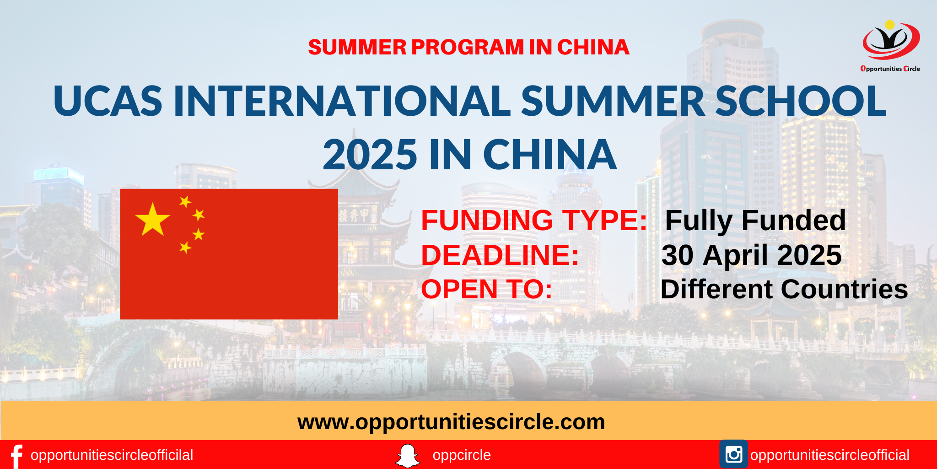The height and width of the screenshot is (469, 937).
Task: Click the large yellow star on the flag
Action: click(152, 220)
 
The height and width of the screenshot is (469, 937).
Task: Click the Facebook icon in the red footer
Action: click(16, 456)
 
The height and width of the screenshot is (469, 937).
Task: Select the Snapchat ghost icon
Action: click(407, 456)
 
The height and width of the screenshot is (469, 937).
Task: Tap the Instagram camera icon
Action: click(734, 454)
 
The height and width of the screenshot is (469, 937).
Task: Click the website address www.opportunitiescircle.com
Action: click(451, 422)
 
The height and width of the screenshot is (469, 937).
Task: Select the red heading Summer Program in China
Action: click(468, 47)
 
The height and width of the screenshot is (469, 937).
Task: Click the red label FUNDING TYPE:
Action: click(534, 220)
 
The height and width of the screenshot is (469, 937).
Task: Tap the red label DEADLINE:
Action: click(500, 255)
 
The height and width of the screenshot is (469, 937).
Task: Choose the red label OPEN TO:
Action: click(487, 289)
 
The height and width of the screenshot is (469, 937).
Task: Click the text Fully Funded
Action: click(755, 221)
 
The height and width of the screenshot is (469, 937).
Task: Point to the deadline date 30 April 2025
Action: click(751, 255)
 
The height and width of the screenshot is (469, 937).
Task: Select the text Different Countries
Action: click(784, 289)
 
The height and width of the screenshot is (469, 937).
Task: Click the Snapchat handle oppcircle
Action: click(462, 455)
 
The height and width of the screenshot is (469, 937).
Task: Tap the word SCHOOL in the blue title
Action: click(801, 101)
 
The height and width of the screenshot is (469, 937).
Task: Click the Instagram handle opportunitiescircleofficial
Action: click(829, 455)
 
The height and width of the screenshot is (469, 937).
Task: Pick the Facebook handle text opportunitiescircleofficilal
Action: click(112, 455)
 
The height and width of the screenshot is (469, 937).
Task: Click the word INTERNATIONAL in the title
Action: click(342, 101)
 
